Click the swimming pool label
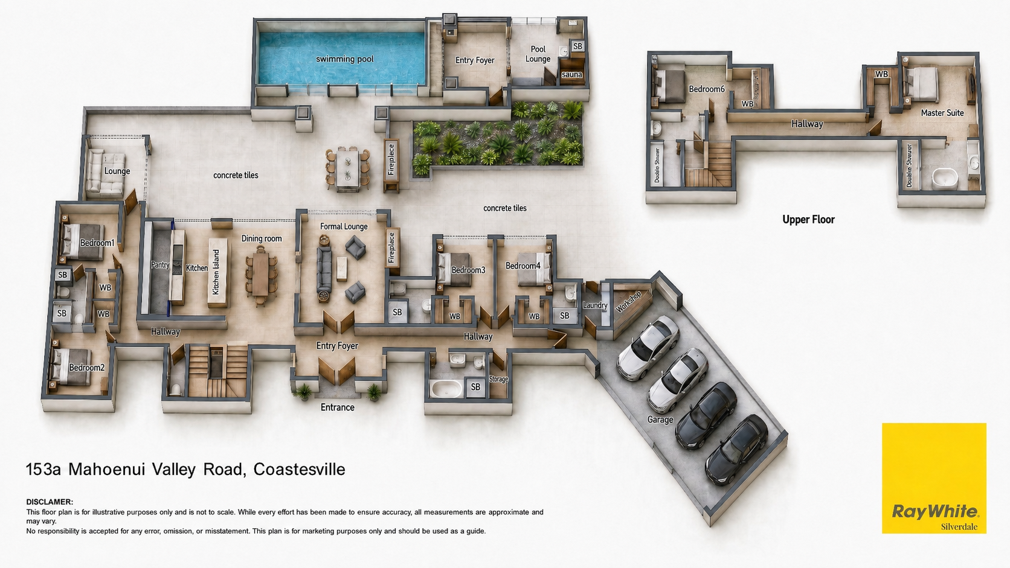[x=344, y=59]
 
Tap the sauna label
[x=571, y=75]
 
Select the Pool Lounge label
[x=538, y=54]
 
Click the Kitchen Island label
[x=216, y=272]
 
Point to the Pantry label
[x=160, y=265]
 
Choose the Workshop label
[x=628, y=302]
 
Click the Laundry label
[x=595, y=305]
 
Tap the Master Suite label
[x=942, y=113]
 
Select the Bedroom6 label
[x=707, y=89]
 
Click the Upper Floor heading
[x=808, y=219]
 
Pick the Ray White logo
[x=934, y=478]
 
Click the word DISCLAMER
[x=50, y=502]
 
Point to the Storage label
[x=498, y=379]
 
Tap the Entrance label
[x=337, y=407]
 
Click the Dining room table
[x=260, y=275]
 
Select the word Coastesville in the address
[x=300, y=470]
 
